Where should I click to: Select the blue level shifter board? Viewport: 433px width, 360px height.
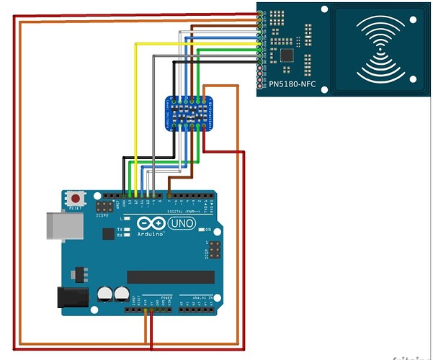(189, 114)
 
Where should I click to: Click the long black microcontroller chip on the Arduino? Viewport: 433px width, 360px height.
(170, 277)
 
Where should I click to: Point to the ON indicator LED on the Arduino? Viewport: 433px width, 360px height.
(199, 230)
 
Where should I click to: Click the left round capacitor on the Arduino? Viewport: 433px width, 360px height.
(105, 294)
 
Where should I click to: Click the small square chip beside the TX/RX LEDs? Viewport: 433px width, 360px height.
(108, 233)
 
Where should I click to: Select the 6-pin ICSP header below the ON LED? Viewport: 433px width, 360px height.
(215, 251)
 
